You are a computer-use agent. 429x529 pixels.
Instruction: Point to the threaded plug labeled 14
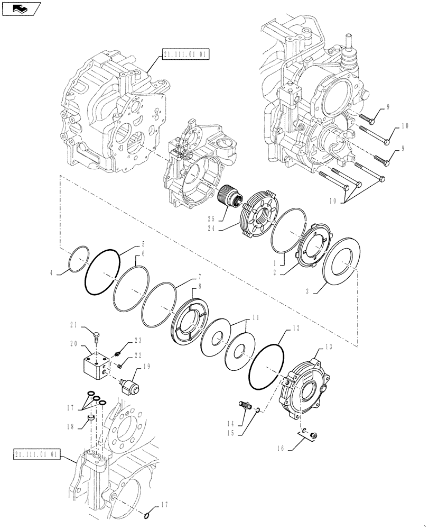[245, 407]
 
